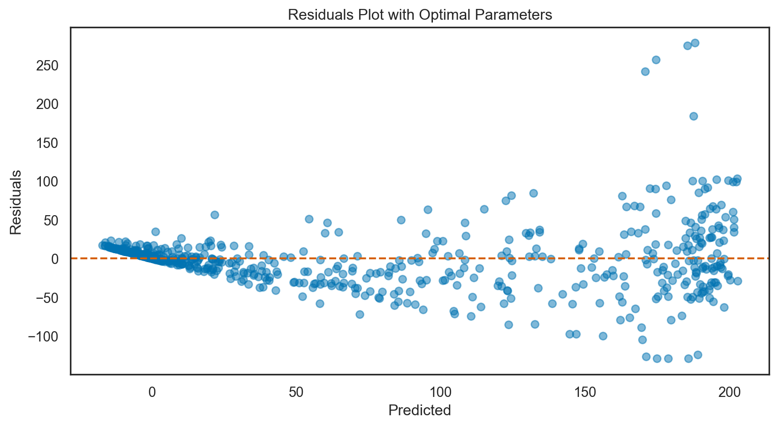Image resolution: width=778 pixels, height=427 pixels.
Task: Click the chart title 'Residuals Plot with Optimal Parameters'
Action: (x=420, y=15)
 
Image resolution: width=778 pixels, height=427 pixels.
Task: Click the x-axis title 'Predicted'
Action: (x=420, y=410)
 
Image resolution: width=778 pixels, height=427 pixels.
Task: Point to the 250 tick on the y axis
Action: (x=48, y=66)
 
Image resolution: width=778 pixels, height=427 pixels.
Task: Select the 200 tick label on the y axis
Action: (x=48, y=104)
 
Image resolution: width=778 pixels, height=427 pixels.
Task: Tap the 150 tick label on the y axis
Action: (x=48, y=143)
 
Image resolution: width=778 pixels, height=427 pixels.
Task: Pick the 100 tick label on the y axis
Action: (x=48, y=182)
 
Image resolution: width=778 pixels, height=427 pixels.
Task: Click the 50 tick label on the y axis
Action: (x=52, y=220)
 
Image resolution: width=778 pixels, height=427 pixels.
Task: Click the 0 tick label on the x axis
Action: (x=152, y=392)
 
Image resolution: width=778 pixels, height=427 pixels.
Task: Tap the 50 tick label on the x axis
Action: (x=296, y=392)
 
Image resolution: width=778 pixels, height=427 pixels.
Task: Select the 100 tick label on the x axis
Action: (x=440, y=392)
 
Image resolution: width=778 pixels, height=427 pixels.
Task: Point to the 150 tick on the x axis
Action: (x=585, y=392)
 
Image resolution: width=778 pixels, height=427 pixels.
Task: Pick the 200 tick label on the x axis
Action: (x=729, y=392)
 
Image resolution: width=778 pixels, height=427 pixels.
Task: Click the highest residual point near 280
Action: (x=695, y=43)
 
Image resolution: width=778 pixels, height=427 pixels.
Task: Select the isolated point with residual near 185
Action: (x=693, y=116)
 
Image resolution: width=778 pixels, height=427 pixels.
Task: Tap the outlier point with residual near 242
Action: (x=645, y=71)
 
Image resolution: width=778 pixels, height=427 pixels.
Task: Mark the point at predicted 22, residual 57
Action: (x=215, y=215)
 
